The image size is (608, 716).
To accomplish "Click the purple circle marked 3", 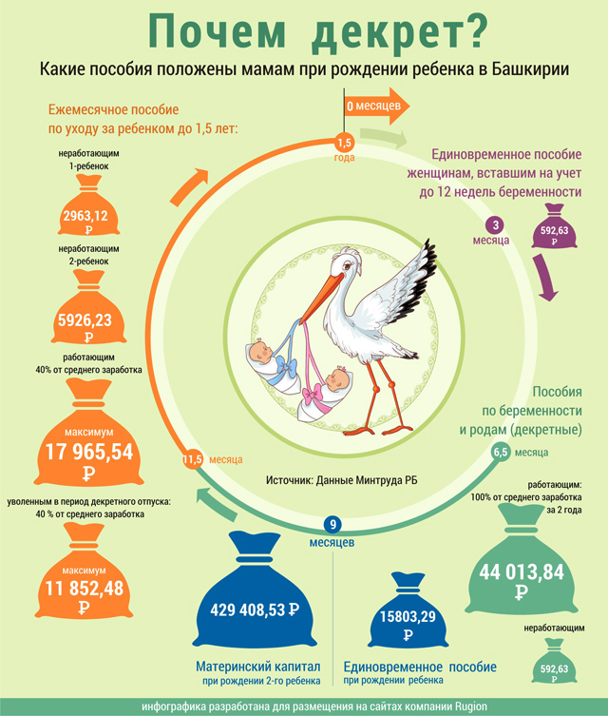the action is tap(496, 225).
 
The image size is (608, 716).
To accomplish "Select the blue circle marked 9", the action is tap(332, 525).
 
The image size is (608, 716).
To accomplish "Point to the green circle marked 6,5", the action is tap(501, 453).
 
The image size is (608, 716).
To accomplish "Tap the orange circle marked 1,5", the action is tap(344, 144).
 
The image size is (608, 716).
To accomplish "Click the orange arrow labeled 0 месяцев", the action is tap(377, 106).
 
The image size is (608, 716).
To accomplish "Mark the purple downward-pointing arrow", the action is tap(545, 278).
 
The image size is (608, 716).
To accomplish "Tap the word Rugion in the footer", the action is tap(471, 706).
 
